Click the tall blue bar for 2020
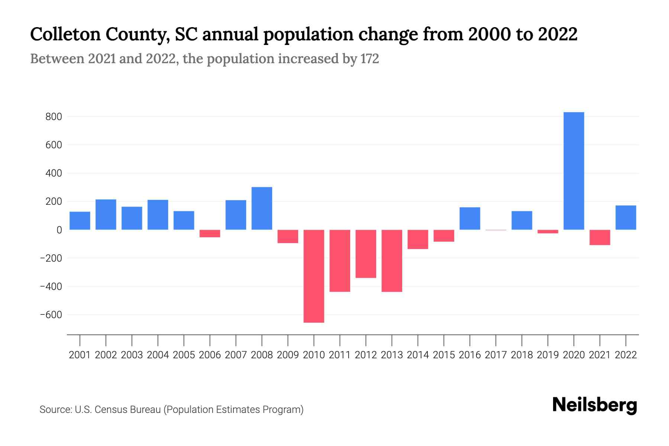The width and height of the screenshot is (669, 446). pos(573,171)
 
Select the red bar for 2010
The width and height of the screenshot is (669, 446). pos(314,276)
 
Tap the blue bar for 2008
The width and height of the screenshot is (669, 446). pos(262,208)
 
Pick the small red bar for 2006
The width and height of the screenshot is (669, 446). pos(210,233)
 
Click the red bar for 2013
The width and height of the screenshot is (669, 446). pos(392,261)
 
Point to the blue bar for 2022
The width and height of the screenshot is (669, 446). pos(626,217)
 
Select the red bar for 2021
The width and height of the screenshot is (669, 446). pos(599,237)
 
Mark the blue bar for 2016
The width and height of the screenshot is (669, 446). pos(470,219)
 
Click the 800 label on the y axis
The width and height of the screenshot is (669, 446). pos(54,117)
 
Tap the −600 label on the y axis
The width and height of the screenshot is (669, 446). pos(51,315)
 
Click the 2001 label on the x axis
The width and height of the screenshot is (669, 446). pos(80,355)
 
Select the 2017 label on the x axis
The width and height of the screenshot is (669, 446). pos(496,355)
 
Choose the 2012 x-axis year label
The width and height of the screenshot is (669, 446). pos(366,355)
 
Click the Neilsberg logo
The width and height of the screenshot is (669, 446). pos(595,405)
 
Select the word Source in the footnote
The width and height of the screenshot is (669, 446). pos(55,410)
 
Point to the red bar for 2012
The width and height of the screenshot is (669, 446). pos(366,253)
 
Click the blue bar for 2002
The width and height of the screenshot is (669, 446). pos(106,214)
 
